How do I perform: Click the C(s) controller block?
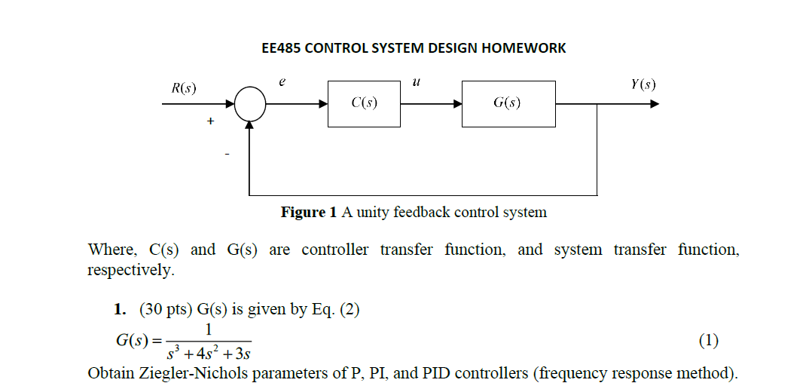[364, 104]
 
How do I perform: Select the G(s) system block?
[508, 104]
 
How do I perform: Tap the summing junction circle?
[250, 104]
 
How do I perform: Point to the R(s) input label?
[184, 88]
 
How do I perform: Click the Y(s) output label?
[643, 84]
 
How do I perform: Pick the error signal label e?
[282, 81]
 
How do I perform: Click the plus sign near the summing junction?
[210, 120]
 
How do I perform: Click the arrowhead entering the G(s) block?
[457, 104]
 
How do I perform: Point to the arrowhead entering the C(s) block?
[323, 104]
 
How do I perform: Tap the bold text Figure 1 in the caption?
[309, 213]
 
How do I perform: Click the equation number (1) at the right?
[708, 341]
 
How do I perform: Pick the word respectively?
[130, 269]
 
